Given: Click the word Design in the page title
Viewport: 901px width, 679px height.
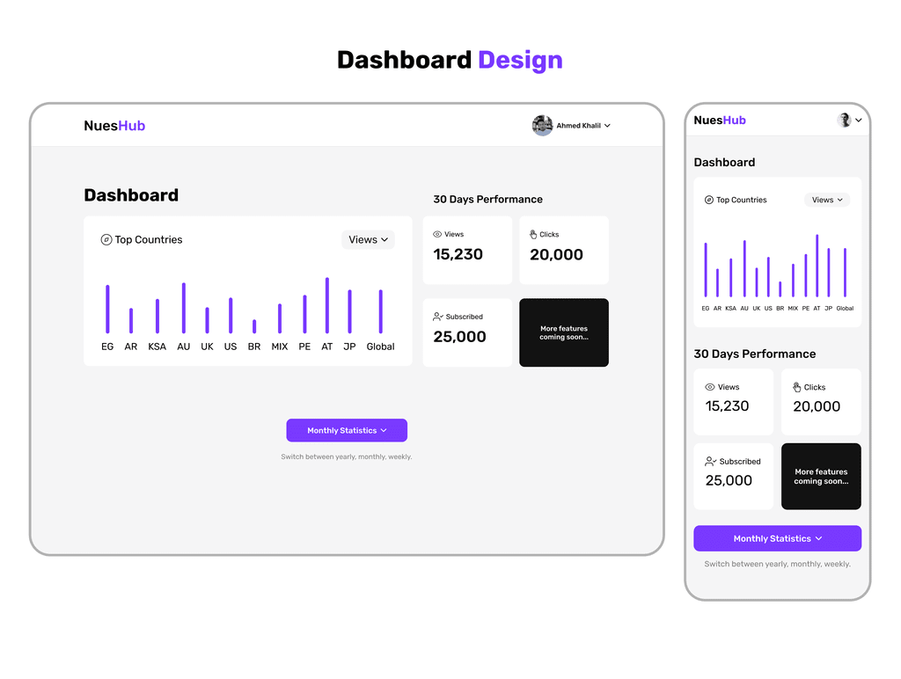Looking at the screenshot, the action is pyautogui.click(x=520, y=61).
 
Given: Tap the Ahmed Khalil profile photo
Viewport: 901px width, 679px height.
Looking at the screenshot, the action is pyautogui.click(x=542, y=125).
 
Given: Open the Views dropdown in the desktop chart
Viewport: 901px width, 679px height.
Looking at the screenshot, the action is pyautogui.click(x=369, y=239).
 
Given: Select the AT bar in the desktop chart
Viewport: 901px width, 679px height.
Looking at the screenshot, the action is pyautogui.click(x=327, y=305).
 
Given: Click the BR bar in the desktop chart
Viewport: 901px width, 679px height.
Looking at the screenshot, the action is pyautogui.click(x=254, y=326).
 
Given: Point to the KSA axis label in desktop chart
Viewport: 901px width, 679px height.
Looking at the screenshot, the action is pyautogui.click(x=157, y=347).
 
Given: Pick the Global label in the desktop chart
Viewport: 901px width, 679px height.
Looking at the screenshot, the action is pyautogui.click(x=380, y=347).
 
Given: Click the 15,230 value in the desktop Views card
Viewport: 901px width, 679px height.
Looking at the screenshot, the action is pyautogui.click(x=458, y=254).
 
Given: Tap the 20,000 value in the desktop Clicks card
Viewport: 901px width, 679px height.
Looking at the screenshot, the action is pyautogui.click(x=556, y=254).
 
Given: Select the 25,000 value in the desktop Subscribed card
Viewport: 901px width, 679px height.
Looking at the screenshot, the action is pyautogui.click(x=459, y=337).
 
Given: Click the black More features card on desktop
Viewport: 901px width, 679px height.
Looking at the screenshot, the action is pyautogui.click(x=564, y=332).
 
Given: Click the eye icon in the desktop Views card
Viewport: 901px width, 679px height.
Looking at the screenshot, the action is pyautogui.click(x=437, y=234).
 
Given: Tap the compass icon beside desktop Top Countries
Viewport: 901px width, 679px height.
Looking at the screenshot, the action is pyautogui.click(x=106, y=239).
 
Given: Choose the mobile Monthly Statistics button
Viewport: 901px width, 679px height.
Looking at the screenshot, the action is pyautogui.click(x=778, y=538).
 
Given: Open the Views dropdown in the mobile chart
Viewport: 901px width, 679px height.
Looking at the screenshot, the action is pyautogui.click(x=827, y=200).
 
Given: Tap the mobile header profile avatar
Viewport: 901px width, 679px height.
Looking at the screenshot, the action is pyautogui.click(x=844, y=120).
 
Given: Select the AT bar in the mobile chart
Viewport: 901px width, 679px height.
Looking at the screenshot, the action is pyautogui.click(x=817, y=266).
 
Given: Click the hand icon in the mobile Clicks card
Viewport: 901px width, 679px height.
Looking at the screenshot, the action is pyautogui.click(x=797, y=387).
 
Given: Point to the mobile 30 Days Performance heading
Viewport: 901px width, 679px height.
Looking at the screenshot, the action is pyautogui.click(x=754, y=354).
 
